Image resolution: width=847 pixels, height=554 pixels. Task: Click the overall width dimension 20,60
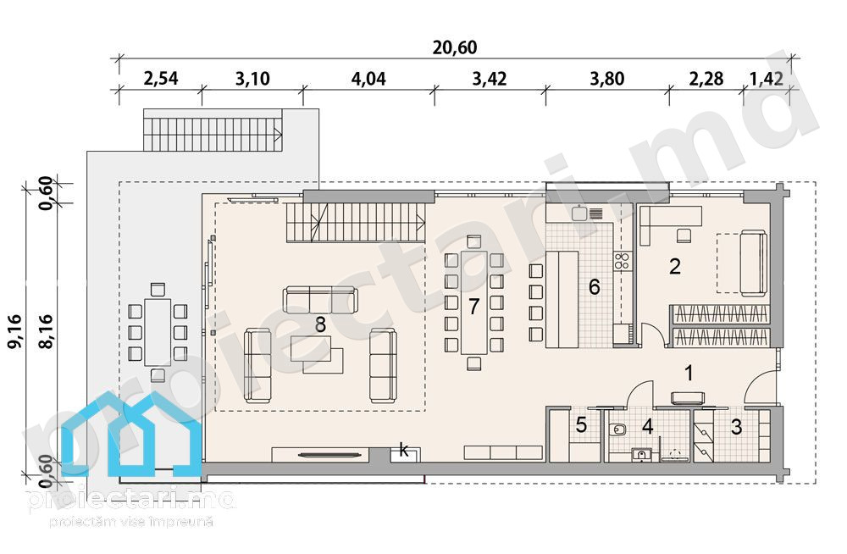pos(454,47)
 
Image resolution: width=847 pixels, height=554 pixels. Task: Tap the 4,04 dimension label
pos(368,79)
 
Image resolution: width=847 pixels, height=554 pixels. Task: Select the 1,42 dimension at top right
pos(766,79)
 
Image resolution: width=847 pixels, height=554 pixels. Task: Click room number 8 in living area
pos(320,324)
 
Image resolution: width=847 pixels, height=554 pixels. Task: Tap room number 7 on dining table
pos(473,307)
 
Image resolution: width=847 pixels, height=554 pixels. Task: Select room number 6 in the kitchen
pos(595,286)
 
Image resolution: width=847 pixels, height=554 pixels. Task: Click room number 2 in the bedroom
pos(675,267)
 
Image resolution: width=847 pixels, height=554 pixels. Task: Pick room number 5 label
pos(581,425)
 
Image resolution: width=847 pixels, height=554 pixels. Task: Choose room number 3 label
pos(736,427)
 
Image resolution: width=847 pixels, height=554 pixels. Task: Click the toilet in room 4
pos(617,429)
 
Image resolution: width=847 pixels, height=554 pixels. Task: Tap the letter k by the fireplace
pos(404,450)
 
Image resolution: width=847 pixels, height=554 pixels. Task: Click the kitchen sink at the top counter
pos(580,213)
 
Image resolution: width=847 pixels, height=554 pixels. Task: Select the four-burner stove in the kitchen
pos(622,261)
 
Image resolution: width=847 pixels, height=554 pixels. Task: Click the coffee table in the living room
pos(317,354)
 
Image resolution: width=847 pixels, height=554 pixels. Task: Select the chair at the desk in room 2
pos(684,236)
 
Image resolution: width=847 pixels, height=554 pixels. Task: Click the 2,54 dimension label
pos(160,79)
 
